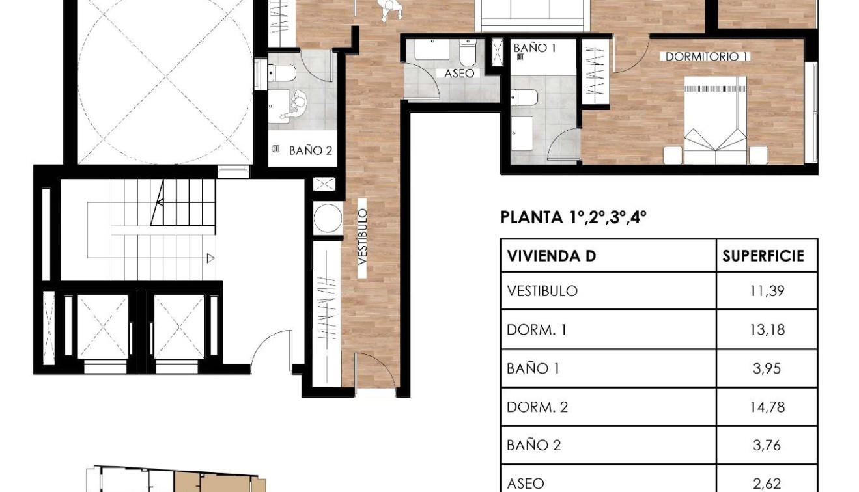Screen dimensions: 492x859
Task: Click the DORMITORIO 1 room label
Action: [706, 57]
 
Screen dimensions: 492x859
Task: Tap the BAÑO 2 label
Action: [310, 150]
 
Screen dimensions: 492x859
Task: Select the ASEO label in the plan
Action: [459, 74]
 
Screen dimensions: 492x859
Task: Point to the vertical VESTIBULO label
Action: [363, 236]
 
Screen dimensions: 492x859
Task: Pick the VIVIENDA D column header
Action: [551, 256]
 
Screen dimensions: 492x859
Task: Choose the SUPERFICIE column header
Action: [763, 256]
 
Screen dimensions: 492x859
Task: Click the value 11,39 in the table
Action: [767, 291]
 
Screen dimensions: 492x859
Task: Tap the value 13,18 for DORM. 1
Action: [767, 330]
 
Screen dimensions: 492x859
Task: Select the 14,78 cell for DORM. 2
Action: [767, 407]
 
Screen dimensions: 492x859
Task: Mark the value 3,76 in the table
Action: [767, 446]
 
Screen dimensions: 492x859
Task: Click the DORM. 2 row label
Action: [537, 407]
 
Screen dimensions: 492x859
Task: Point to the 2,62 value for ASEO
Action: [767, 483]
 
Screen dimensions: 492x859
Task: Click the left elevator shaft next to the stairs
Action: [103, 326]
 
